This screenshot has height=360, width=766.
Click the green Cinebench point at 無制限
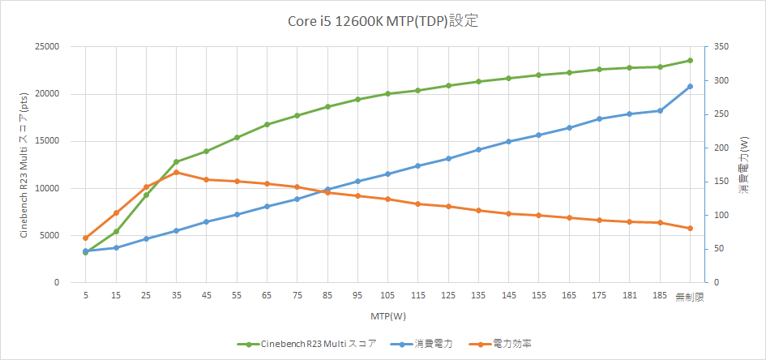[690, 60]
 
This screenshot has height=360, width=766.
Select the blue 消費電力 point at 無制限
[690, 86]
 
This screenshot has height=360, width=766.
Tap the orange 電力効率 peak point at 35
[176, 172]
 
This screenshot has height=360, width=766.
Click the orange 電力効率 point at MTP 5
[85, 238]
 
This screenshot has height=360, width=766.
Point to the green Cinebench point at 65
[267, 124]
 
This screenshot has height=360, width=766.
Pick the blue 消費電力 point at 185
[660, 110]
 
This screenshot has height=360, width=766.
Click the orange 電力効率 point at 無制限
[690, 228]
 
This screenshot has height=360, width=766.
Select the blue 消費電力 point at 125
[448, 158]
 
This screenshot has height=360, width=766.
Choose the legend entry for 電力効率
[503, 344]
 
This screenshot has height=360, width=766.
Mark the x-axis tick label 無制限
[690, 297]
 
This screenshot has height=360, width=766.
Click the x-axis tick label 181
[630, 297]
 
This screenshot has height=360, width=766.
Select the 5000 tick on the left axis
[49, 235]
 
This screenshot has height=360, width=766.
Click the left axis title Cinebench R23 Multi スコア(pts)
[24, 165]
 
